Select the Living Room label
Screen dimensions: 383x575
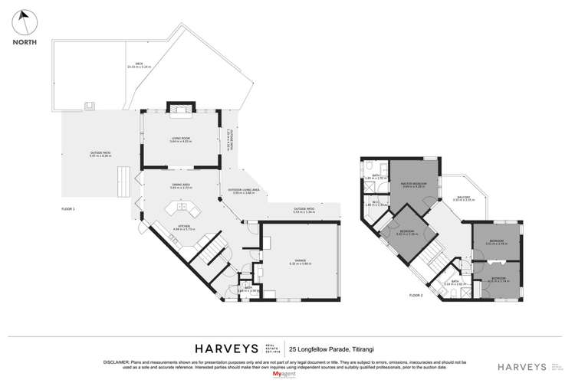click(x=181, y=139)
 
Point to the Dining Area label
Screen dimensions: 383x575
click(x=181, y=186)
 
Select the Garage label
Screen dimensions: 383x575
click(x=300, y=262)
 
